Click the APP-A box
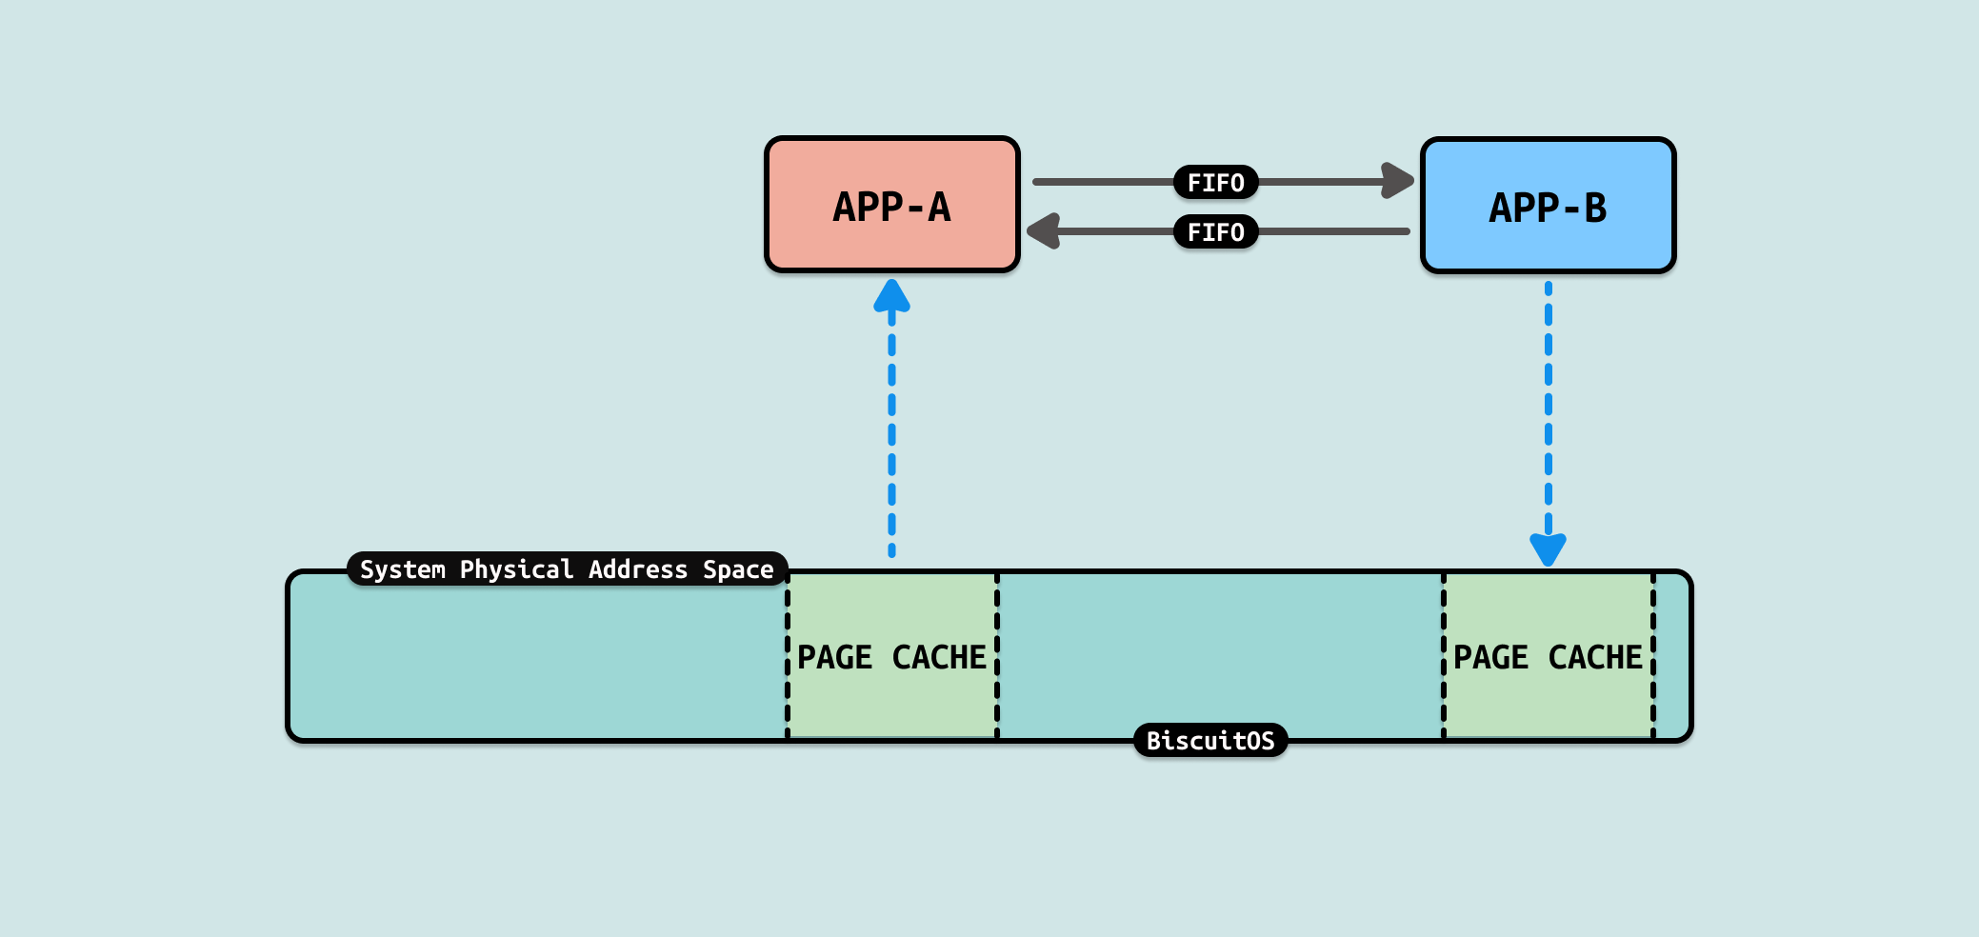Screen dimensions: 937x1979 pyautogui.click(x=892, y=205)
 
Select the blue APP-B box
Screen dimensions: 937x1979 pyautogui.click(x=1548, y=206)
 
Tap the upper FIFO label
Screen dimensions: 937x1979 pyautogui.click(x=1215, y=182)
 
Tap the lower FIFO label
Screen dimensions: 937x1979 pyautogui.click(x=1215, y=231)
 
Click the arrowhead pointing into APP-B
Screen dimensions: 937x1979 pyautogui.click(x=1397, y=181)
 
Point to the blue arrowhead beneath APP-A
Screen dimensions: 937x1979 pyautogui.click(x=891, y=296)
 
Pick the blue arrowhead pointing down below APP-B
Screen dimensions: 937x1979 pyautogui.click(x=1548, y=549)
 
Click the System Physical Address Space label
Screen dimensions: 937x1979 pyautogui.click(x=567, y=569)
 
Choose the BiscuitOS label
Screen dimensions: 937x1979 pyautogui.click(x=1210, y=741)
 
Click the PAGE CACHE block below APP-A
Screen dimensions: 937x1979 pyautogui.click(x=892, y=656)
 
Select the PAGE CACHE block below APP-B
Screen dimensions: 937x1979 pyautogui.click(x=1548, y=656)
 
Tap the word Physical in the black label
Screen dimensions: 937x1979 pyautogui.click(x=516, y=569)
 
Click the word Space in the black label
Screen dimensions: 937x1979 pyautogui.click(x=738, y=569)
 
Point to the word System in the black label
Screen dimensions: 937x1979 pyautogui.click(x=403, y=569)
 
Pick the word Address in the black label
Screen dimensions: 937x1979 pyautogui.click(x=638, y=569)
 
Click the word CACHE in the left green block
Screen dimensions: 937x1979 pyautogui.click(x=939, y=657)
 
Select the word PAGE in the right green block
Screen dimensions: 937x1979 pyautogui.click(x=1490, y=657)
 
